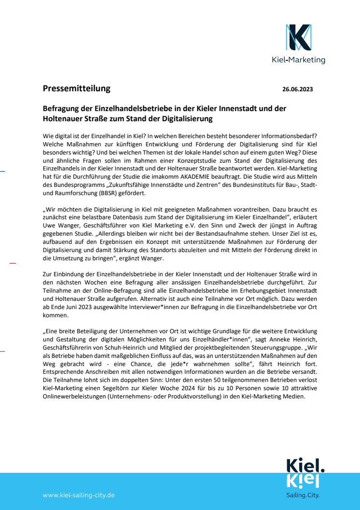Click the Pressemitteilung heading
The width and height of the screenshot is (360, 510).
coord(76,88)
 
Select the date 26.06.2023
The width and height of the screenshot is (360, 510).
coord(297,89)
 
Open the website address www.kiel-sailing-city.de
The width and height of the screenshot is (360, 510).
coord(78,495)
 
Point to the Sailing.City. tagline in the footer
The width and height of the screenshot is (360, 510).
coord(303,496)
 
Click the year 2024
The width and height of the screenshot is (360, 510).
coord(210,389)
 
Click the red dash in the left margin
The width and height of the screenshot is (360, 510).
coord(13,263)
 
